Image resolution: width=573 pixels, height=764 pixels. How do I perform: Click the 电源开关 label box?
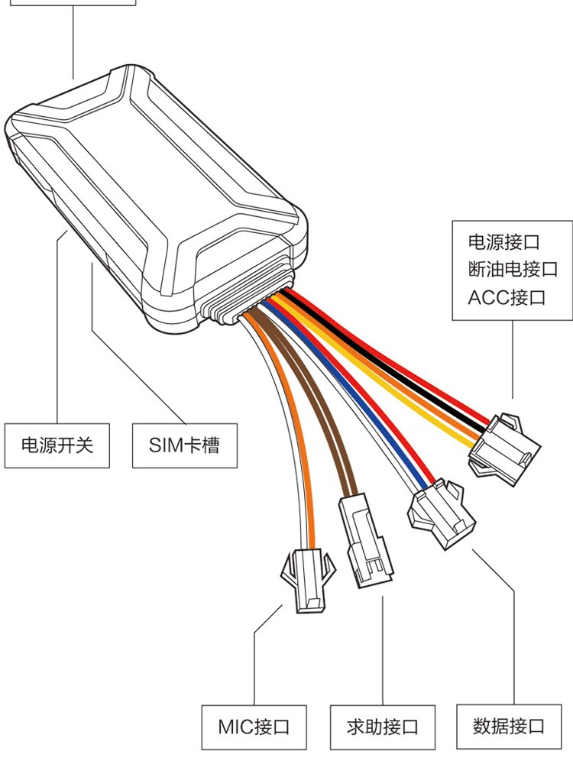[x=57, y=445]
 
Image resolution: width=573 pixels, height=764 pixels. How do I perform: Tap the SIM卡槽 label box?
[x=183, y=445]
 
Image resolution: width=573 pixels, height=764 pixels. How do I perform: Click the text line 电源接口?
[x=503, y=243]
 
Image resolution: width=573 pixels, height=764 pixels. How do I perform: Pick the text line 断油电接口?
[x=513, y=270]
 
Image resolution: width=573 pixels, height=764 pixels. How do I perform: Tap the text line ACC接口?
[x=507, y=297]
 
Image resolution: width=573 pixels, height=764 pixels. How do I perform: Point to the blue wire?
[x=367, y=405]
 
